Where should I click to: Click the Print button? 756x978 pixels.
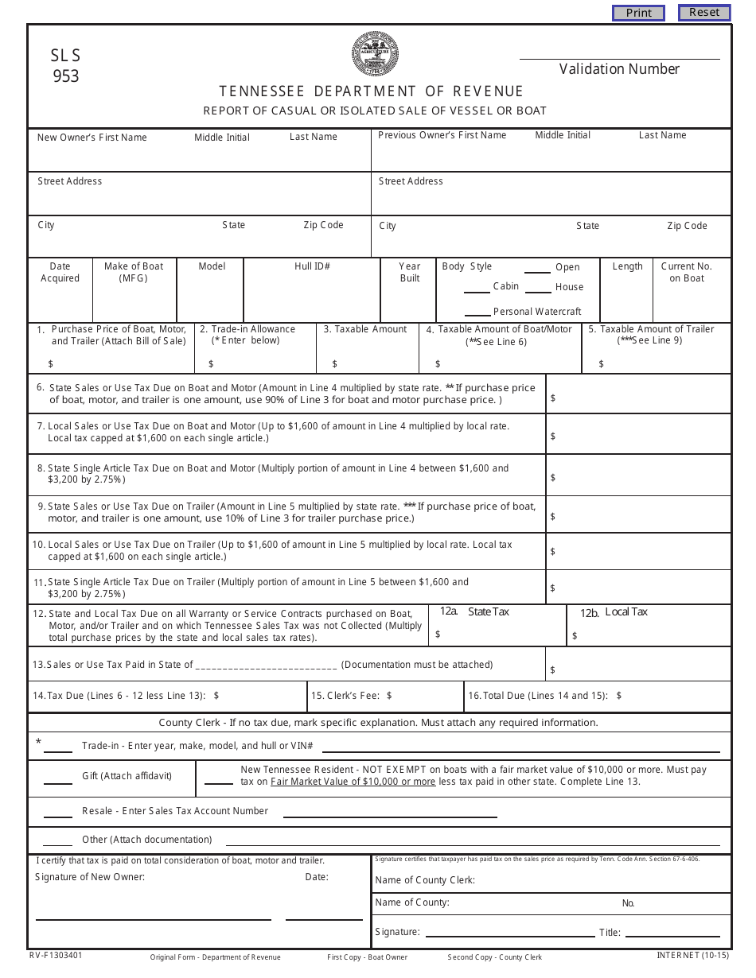638,13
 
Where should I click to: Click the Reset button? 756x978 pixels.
703,12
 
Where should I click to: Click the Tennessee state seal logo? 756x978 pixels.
376,54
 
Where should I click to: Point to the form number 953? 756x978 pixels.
66,77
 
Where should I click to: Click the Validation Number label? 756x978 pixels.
619,69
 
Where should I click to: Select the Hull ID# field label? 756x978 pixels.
312,266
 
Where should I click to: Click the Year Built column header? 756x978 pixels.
410,272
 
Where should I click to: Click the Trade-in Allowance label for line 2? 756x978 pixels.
247,329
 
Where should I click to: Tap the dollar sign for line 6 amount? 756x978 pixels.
553,398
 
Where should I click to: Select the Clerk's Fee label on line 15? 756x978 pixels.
345,696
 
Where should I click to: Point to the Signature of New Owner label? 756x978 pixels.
90,877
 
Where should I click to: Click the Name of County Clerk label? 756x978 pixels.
425,880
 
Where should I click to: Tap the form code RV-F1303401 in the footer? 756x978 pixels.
56,956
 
